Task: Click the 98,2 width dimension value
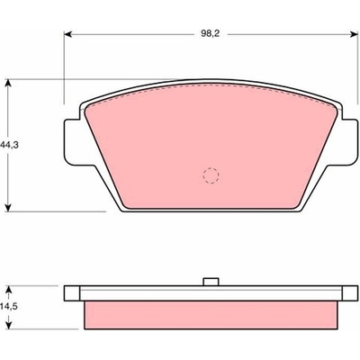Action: coord(211,34)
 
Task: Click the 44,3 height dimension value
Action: coord(9,145)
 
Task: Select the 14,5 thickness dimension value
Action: coord(9,307)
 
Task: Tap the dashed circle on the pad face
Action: coord(211,175)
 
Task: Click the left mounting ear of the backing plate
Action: coord(73,142)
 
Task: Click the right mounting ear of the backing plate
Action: coord(349,142)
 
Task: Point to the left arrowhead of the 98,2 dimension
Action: coord(68,34)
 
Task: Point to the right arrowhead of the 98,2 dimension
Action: coord(355,34)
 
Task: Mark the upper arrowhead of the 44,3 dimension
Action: coord(9,83)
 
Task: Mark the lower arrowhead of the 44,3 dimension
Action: coord(9,207)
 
